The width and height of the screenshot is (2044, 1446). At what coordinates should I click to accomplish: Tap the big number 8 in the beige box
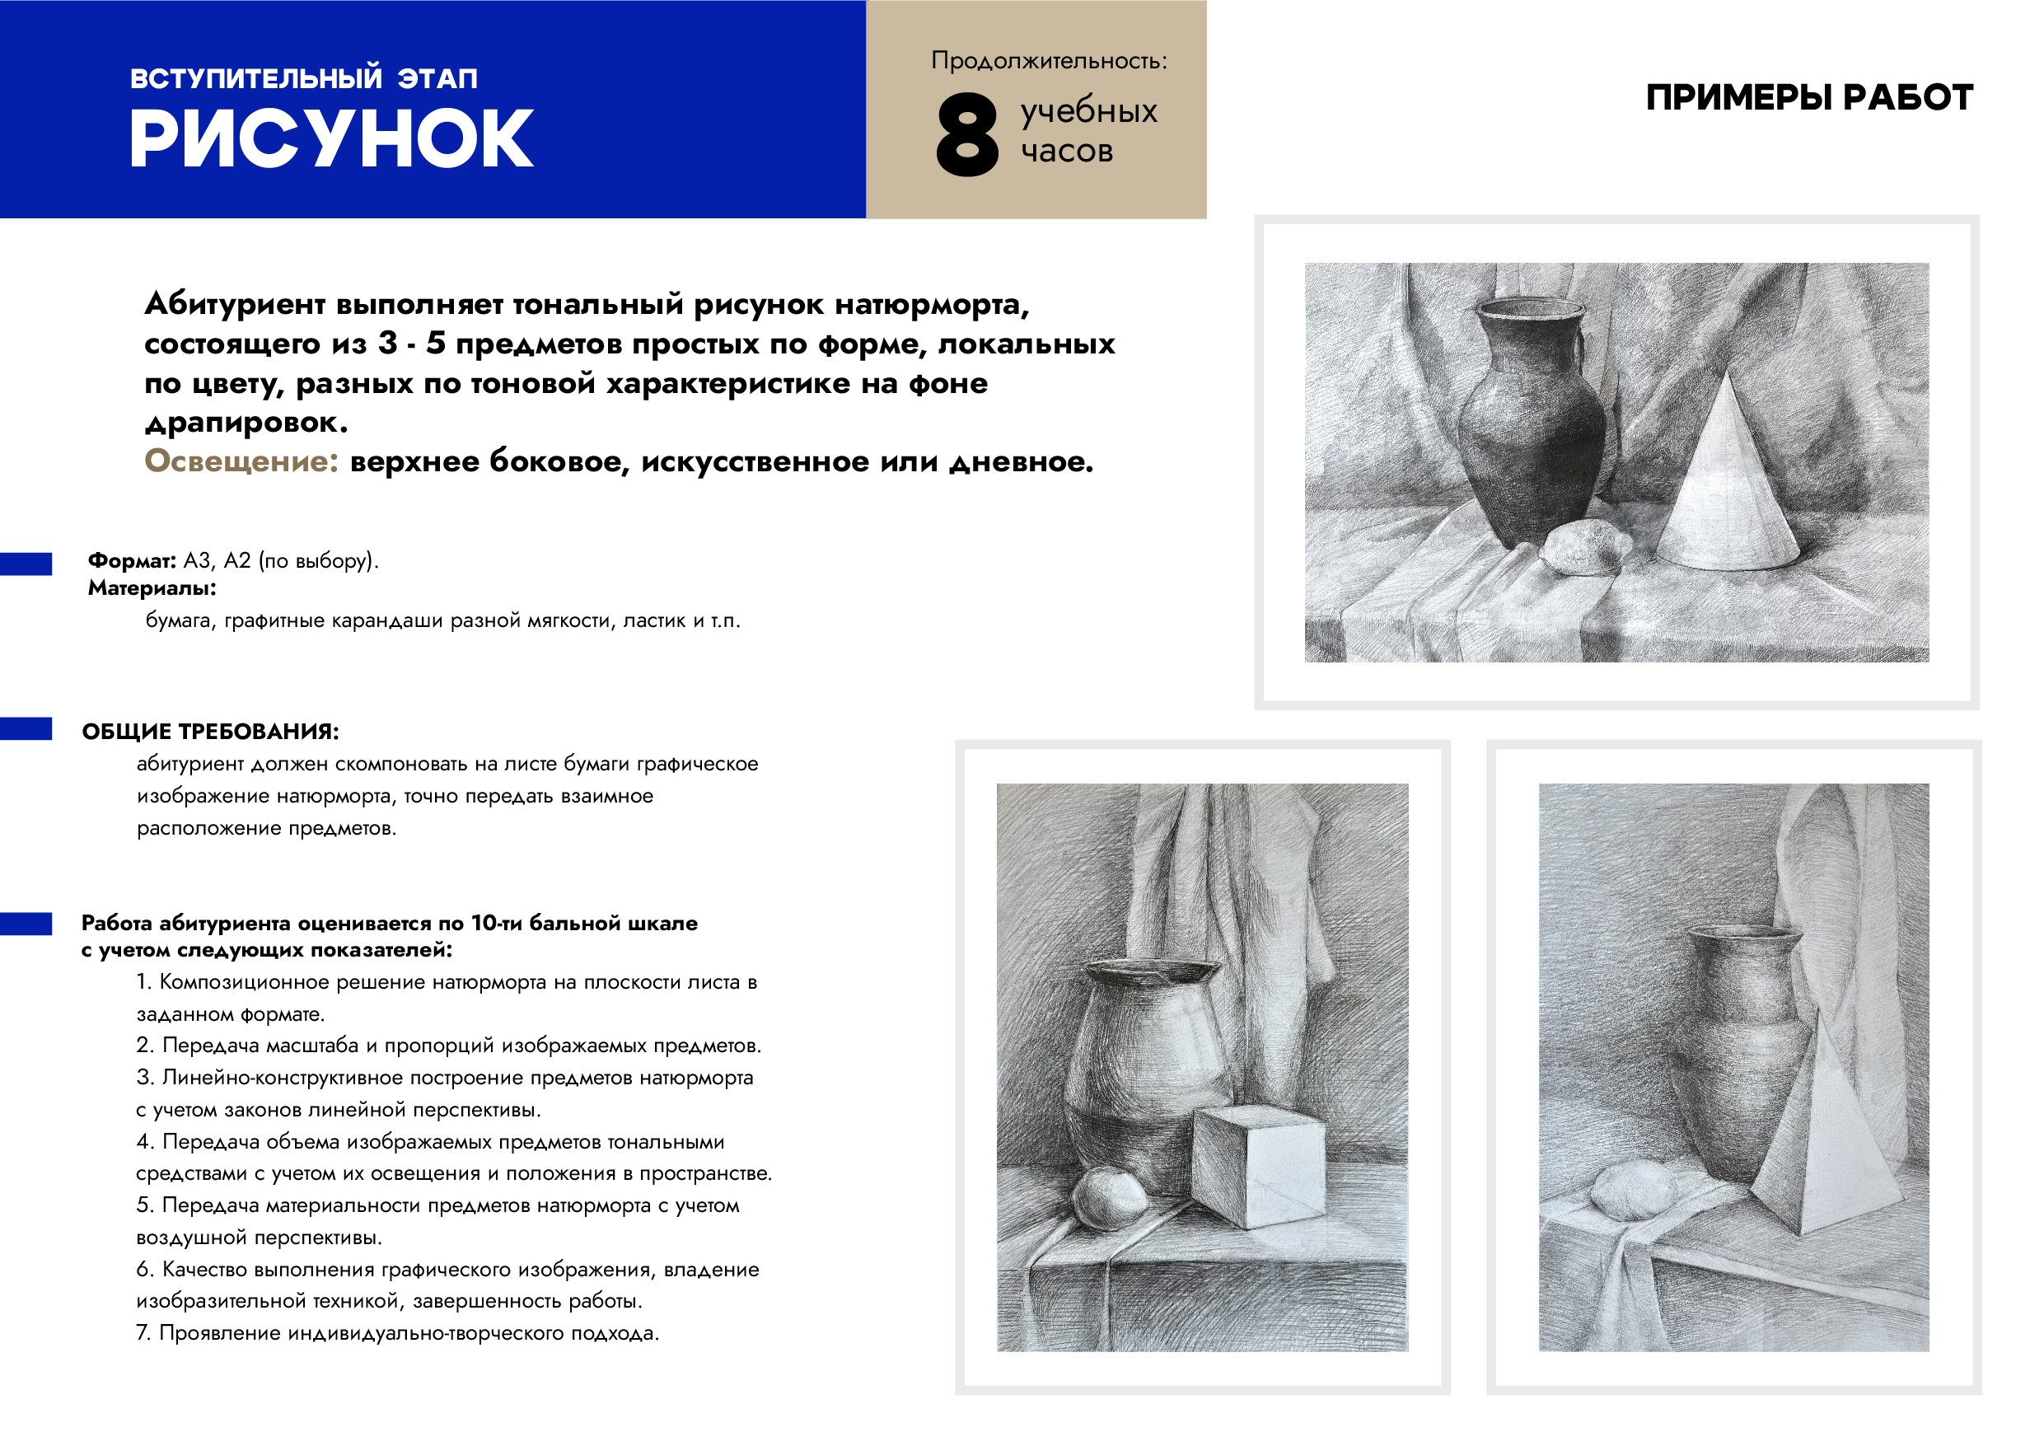click(x=967, y=134)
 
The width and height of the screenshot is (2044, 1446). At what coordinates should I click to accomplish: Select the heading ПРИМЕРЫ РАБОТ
click(x=1809, y=97)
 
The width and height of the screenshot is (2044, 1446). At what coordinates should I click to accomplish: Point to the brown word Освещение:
click(x=241, y=461)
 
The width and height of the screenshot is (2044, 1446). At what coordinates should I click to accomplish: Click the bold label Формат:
click(x=132, y=561)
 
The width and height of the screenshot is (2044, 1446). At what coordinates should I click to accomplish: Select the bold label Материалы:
click(x=152, y=588)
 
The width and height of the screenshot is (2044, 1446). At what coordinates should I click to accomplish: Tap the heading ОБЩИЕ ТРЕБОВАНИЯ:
click(x=210, y=732)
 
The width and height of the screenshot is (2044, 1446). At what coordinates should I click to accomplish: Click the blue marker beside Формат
click(x=26, y=564)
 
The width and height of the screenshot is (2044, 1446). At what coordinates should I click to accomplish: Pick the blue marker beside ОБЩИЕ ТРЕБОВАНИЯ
click(x=26, y=728)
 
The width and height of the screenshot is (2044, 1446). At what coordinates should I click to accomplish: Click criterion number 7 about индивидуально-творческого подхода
click(x=398, y=1333)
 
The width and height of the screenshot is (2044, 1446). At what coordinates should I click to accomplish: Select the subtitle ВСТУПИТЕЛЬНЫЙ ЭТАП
click(x=303, y=78)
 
